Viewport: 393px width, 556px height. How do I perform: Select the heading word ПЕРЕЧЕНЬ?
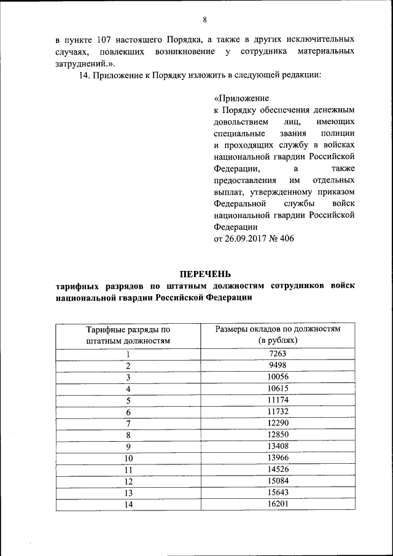click(x=205, y=273)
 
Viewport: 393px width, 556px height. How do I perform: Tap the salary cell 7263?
click(x=278, y=354)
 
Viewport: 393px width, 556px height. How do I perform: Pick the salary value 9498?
click(x=278, y=366)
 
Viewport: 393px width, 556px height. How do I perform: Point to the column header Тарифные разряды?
click(x=128, y=329)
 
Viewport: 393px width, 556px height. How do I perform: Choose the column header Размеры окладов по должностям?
click(x=278, y=329)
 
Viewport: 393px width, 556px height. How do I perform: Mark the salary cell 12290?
click(x=278, y=423)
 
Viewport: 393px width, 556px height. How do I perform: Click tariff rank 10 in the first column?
click(x=128, y=458)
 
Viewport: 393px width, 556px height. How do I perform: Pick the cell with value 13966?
click(x=278, y=458)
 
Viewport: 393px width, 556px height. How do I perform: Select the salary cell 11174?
click(x=278, y=400)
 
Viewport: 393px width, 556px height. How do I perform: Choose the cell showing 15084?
click(x=278, y=480)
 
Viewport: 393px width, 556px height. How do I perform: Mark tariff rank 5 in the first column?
click(x=128, y=401)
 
